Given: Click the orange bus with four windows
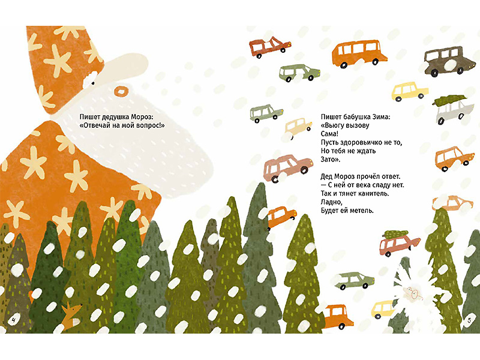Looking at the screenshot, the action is pyautogui.click(x=359, y=54).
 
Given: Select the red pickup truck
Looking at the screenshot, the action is pyautogui.click(x=269, y=47).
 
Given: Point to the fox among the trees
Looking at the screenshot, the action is pyautogui.click(x=70, y=316).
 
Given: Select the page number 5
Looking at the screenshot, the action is pyautogui.click(x=469, y=320).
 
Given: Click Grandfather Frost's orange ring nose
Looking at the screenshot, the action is pyautogui.click(x=121, y=91).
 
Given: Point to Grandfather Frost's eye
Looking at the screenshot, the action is pyautogui.click(x=92, y=82).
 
